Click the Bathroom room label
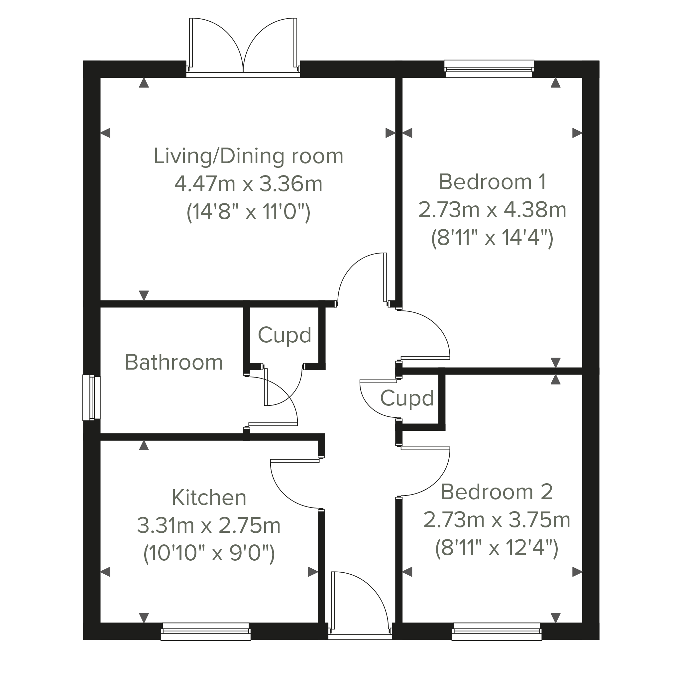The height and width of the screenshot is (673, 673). pos(173,362)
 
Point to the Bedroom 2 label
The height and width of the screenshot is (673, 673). pos(497,492)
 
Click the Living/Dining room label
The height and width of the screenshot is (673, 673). pos(248,156)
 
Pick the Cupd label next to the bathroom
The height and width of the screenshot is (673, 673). pos(284,335)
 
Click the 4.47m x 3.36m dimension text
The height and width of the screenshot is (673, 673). pos(248,184)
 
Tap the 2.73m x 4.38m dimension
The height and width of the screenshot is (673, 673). pos(492,210)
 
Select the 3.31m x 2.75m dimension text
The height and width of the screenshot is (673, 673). pos(209,526)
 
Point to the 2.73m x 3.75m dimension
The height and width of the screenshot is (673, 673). pos(497,520)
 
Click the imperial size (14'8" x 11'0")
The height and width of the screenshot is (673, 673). pos(248,212)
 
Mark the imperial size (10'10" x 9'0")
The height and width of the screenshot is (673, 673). pos(209,553)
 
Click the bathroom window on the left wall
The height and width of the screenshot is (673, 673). pos(91,397)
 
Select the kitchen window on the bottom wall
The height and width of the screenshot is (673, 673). pos(206,632)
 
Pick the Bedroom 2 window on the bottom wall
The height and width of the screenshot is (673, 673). pos(497,632)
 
